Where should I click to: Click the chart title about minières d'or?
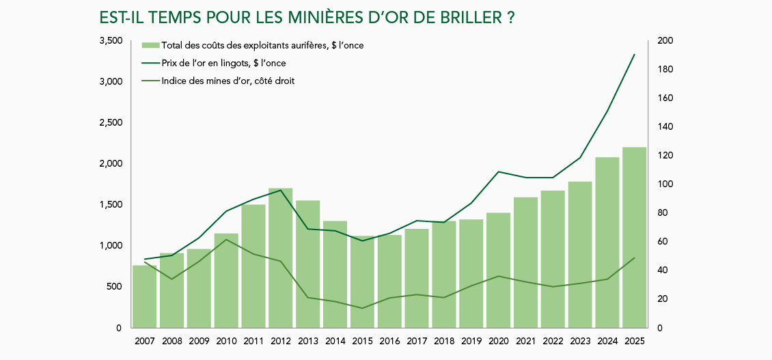coord(307,17)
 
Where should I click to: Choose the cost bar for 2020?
coord(498,270)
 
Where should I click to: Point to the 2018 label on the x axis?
coord(443,341)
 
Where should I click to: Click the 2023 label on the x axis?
coord(579,341)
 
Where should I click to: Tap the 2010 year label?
coord(226,341)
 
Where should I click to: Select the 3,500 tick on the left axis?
coord(111,41)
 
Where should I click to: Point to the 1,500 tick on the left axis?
coord(111,205)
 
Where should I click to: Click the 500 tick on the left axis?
coord(114,287)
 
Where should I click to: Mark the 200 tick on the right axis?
coord(665,41)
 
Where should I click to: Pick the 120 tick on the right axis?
coord(665,156)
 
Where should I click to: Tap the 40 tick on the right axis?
coord(663,271)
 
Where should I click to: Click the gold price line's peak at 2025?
coord(635,55)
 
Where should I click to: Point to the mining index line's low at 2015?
coord(362,308)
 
